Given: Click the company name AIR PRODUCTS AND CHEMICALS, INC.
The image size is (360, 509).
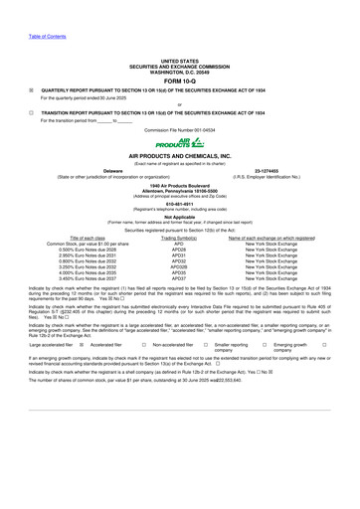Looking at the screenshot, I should pyautogui.click(x=179, y=159).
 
